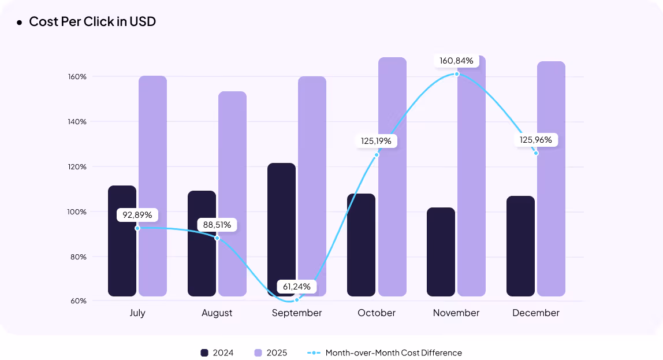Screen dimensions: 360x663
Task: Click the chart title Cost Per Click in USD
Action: click(92, 22)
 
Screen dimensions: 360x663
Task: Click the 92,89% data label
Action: click(137, 215)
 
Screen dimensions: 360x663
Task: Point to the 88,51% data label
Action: click(217, 224)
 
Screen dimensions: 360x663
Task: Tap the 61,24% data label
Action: click(297, 287)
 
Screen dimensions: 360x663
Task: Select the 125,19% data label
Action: click(377, 140)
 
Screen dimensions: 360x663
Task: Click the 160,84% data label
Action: click(456, 61)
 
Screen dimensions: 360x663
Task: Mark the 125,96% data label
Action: click(536, 140)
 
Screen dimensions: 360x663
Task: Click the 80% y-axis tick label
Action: click(78, 257)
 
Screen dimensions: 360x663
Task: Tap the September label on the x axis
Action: click(297, 313)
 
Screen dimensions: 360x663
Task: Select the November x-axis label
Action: click(456, 313)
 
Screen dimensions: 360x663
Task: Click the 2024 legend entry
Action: click(217, 352)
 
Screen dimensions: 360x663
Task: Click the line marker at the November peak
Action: click(457, 74)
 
